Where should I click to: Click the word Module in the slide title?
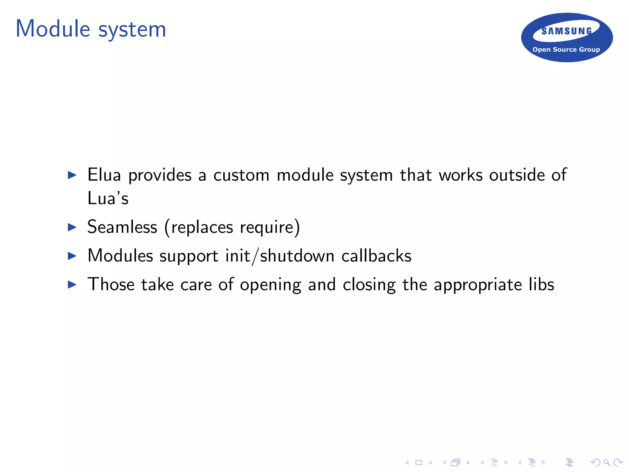(x=53, y=29)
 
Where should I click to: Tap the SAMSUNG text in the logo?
(x=566, y=31)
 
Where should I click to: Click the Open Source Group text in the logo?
(x=566, y=49)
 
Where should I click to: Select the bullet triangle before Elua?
(x=72, y=175)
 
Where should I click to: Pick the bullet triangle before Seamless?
(x=72, y=227)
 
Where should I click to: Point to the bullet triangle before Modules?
(x=72, y=256)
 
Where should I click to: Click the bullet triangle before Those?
(x=72, y=285)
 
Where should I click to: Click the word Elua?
(x=104, y=175)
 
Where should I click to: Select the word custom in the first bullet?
(x=241, y=175)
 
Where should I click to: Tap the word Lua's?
(x=108, y=198)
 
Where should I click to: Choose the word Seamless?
(x=122, y=227)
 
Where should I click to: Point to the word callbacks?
(x=376, y=256)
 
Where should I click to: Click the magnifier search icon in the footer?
(x=607, y=462)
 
